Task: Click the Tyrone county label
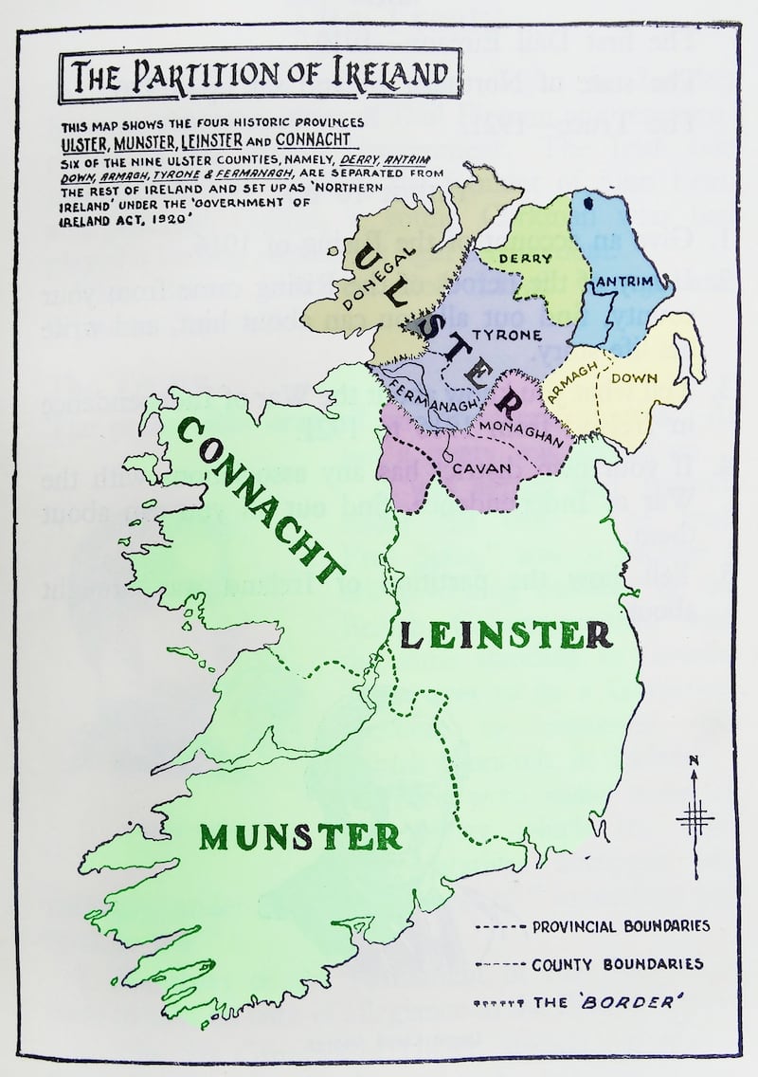[506, 336]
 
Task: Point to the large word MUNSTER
[300, 835]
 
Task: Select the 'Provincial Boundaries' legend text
[620, 925]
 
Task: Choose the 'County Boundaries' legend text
[617, 964]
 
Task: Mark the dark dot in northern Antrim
[588, 201]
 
